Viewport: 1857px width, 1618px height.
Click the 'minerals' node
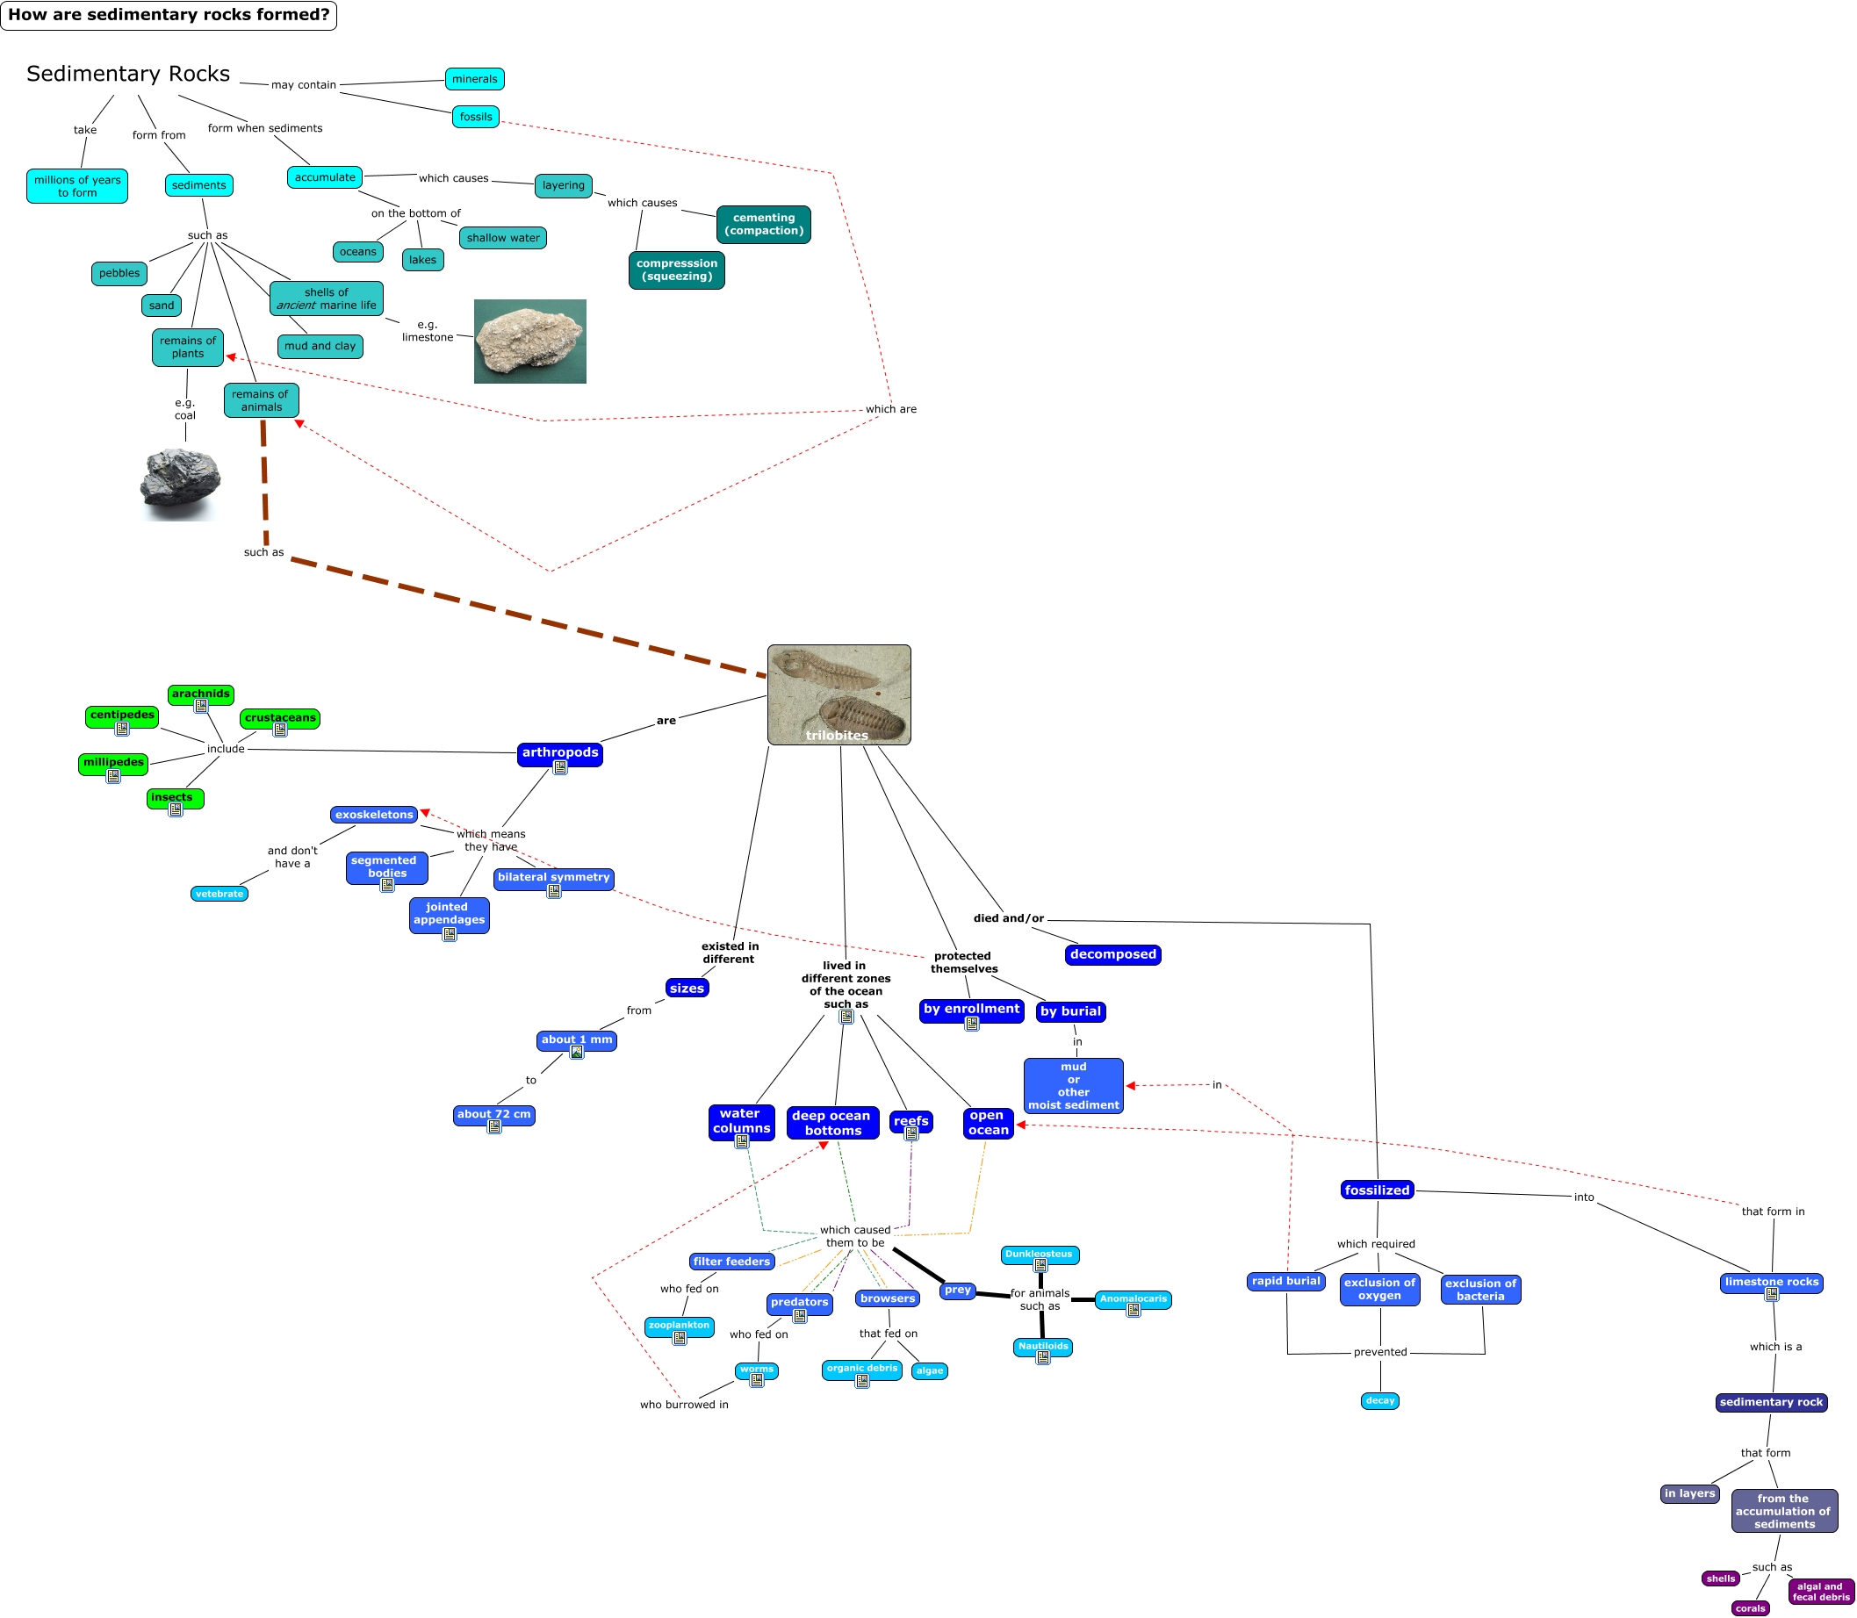tap(474, 80)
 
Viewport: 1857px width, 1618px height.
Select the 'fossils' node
tap(475, 117)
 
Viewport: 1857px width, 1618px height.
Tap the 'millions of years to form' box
tap(76, 186)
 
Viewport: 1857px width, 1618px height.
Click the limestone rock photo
tap(530, 342)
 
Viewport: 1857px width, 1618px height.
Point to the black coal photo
tap(180, 483)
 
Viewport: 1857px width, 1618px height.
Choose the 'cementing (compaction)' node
tap(763, 224)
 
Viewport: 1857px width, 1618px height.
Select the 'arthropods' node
tap(559, 753)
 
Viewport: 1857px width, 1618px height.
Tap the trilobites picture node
tap(839, 694)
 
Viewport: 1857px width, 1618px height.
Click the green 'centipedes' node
tap(122, 716)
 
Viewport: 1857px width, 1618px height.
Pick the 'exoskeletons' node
tap(374, 815)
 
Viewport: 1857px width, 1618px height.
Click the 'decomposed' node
tap(1112, 954)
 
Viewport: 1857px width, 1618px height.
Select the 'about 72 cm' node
tap(493, 1114)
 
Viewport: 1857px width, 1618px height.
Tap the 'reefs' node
tap(910, 1120)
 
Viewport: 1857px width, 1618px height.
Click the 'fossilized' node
tap(1376, 1190)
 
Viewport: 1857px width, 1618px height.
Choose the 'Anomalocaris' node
tap(1132, 1298)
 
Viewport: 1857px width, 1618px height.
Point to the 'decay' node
tap(1379, 1400)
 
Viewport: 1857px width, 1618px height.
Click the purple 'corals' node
tap(1750, 1608)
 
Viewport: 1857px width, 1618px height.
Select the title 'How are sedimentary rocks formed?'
tap(169, 15)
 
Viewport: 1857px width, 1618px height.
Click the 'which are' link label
tap(890, 409)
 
